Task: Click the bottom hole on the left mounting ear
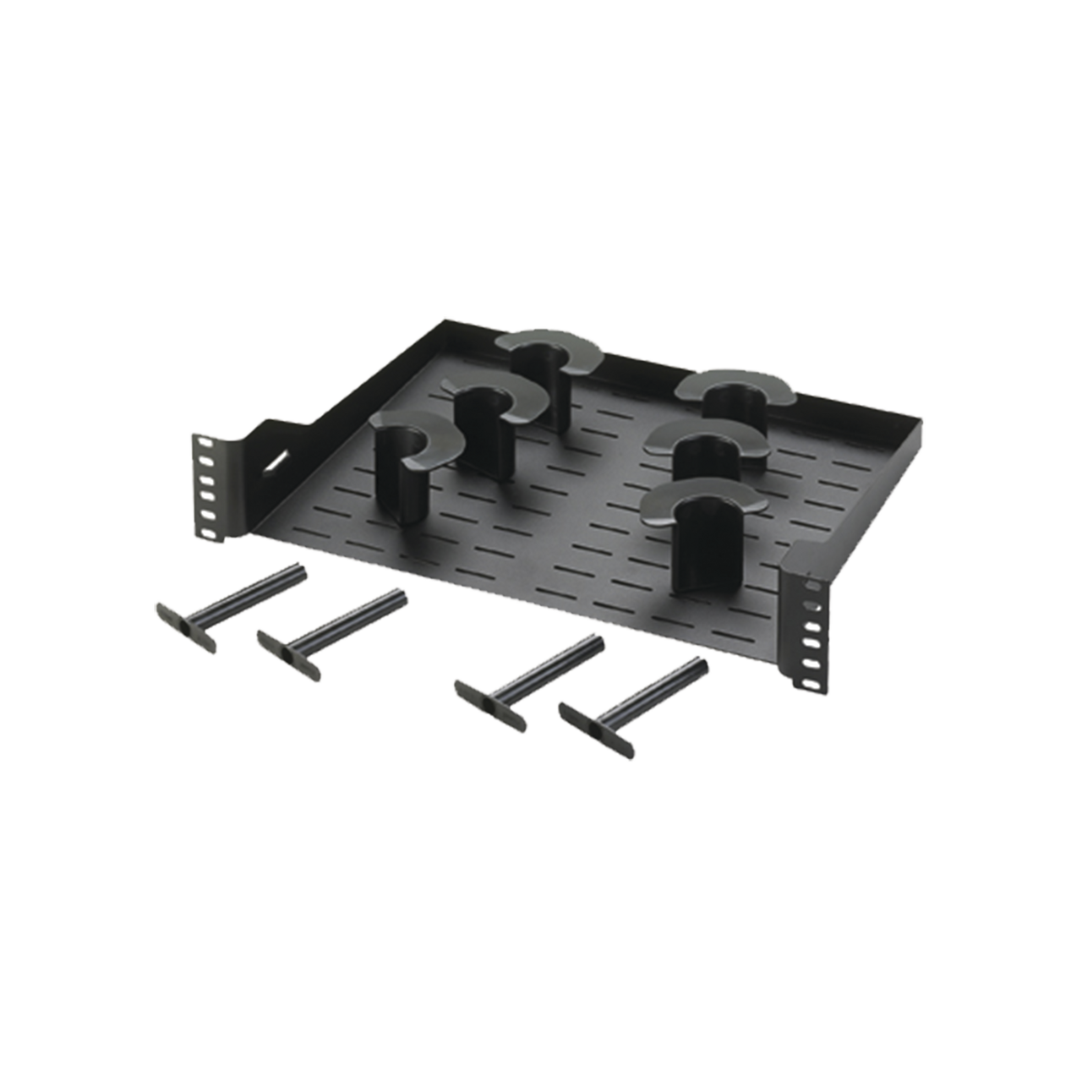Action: (x=205, y=532)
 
